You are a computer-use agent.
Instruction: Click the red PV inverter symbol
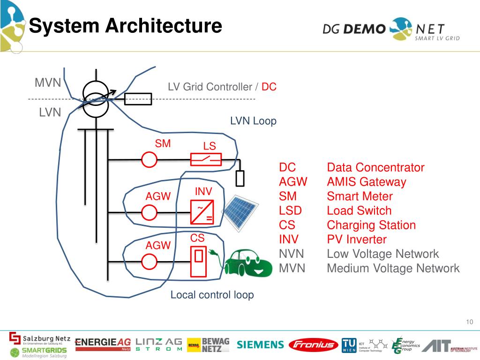pyautogui.click(x=202, y=212)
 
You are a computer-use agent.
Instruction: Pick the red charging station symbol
pyautogui.click(x=199, y=261)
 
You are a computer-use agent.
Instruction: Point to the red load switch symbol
pyautogui.click(x=206, y=160)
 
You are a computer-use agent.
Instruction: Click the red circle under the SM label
pyautogui.click(x=150, y=160)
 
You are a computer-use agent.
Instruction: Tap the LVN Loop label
pyautogui.click(x=253, y=121)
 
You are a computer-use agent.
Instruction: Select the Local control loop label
pyautogui.click(x=212, y=295)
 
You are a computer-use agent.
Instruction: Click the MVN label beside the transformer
pyautogui.click(x=48, y=83)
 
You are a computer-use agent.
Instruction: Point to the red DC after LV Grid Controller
pyautogui.click(x=269, y=87)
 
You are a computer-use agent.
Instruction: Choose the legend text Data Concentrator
pyautogui.click(x=375, y=167)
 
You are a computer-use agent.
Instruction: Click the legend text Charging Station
pyautogui.click(x=371, y=225)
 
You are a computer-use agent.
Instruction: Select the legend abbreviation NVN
pyautogui.click(x=292, y=254)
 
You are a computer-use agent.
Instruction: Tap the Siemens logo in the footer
pyautogui.click(x=260, y=345)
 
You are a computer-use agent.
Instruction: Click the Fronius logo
pyautogui.click(x=313, y=345)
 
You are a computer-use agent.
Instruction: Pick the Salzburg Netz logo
pyautogui.click(x=40, y=338)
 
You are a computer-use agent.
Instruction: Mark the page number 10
pyautogui.click(x=470, y=322)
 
